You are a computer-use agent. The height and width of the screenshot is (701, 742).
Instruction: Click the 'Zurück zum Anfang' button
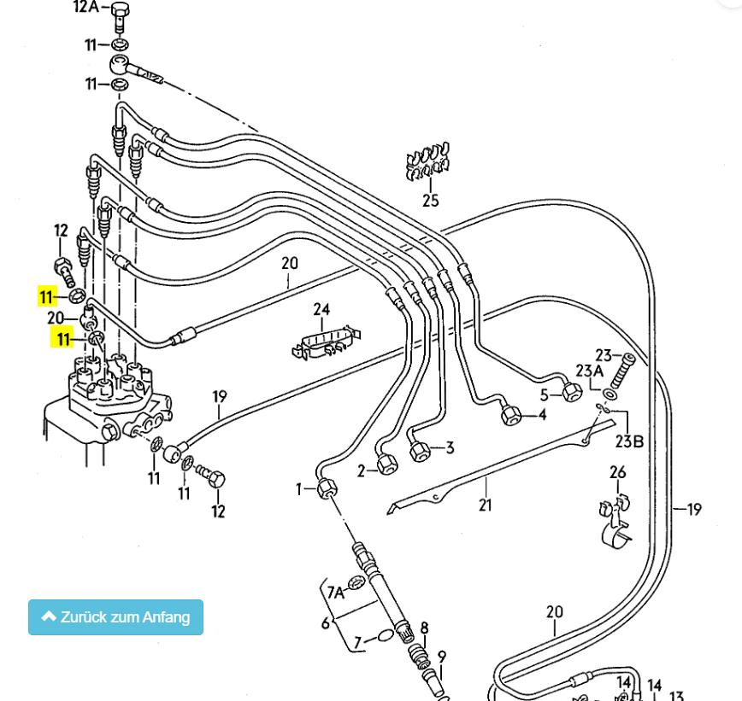(x=115, y=617)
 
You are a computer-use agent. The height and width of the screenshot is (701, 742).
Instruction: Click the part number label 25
(x=430, y=201)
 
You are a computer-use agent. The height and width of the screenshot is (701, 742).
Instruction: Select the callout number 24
(x=321, y=309)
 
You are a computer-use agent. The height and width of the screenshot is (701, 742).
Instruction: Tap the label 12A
(x=87, y=8)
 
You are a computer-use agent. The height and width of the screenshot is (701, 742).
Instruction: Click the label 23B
(x=631, y=441)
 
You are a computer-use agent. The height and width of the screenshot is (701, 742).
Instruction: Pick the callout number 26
(x=617, y=472)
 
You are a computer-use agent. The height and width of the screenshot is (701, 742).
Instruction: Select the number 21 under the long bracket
(x=486, y=505)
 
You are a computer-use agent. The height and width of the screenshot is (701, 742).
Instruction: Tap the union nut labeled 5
(x=572, y=392)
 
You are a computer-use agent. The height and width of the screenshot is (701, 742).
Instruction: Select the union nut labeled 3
(x=420, y=451)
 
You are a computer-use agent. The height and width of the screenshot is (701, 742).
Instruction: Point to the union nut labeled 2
(x=387, y=465)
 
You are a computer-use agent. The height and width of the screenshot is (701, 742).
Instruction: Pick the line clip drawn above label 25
(x=428, y=164)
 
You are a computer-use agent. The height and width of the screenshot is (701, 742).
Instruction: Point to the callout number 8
(x=424, y=628)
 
